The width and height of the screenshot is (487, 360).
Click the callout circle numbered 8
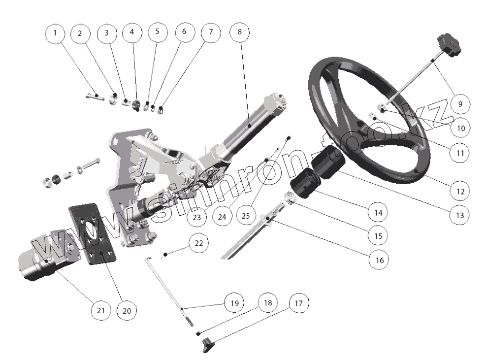point(240,33)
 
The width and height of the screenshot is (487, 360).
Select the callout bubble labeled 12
point(459,189)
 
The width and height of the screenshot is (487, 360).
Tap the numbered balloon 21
point(100,310)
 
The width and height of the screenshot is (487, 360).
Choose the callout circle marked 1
point(55,33)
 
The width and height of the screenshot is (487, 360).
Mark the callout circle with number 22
point(198,243)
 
